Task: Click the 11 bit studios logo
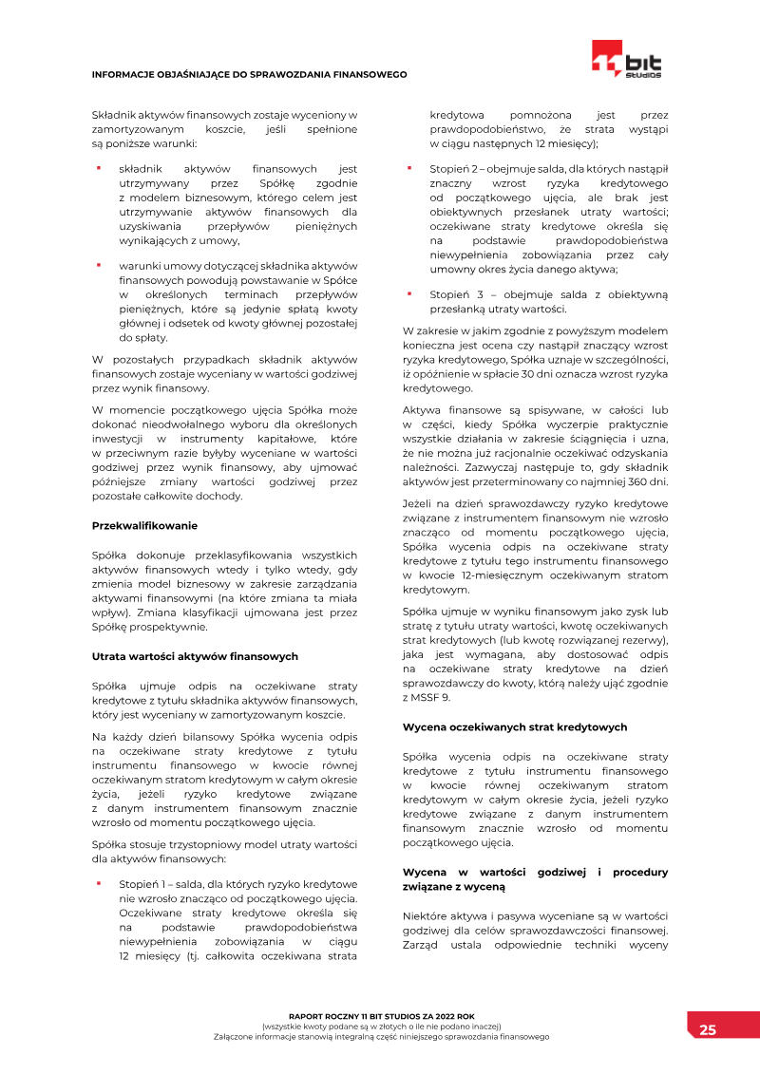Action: [x=625, y=59]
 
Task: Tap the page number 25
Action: [x=708, y=1029]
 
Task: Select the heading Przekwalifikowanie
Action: [x=144, y=525]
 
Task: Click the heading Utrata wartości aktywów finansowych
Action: [x=195, y=656]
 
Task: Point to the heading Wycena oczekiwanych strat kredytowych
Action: [x=515, y=726]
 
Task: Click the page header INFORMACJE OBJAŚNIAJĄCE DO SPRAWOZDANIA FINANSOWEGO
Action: [x=249, y=74]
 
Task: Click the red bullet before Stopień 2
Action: [x=409, y=168]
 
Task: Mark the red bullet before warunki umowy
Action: [x=98, y=265]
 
